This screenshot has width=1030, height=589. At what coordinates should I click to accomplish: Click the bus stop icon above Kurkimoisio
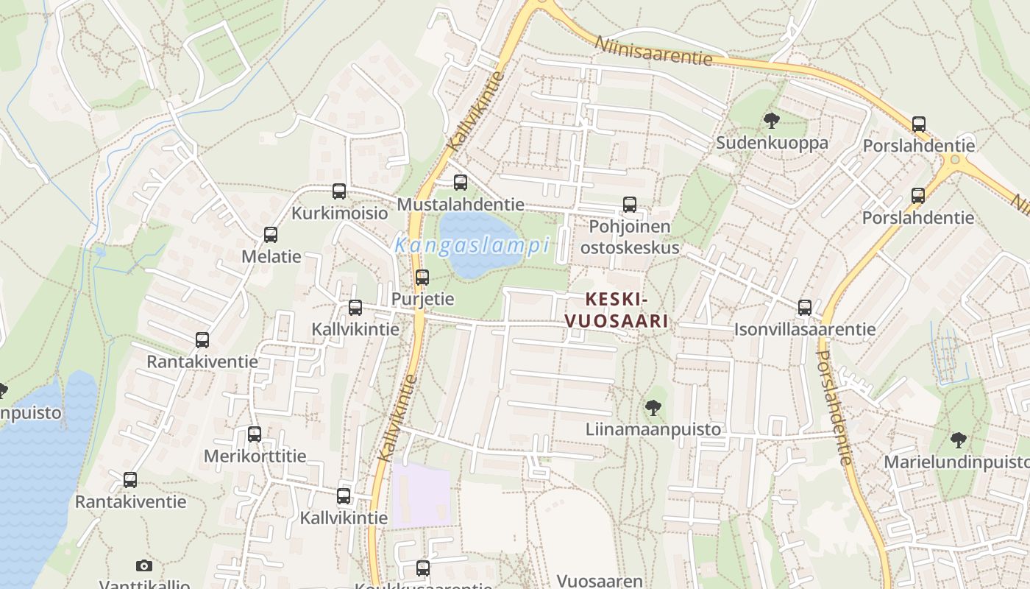click(339, 191)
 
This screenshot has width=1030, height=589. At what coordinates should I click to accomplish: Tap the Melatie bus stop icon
click(271, 235)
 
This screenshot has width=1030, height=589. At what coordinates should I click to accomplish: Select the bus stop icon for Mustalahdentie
click(461, 183)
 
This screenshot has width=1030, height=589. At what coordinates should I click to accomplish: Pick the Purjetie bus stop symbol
click(422, 278)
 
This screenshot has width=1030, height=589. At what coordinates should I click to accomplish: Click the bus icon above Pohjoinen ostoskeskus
click(630, 205)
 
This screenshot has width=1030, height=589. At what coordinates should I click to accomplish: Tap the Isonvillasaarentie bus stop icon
click(805, 308)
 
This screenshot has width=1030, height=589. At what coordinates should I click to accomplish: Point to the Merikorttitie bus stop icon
click(255, 434)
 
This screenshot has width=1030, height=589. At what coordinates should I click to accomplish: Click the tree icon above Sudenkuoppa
click(772, 121)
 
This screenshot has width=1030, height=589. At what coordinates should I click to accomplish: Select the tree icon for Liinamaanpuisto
click(653, 407)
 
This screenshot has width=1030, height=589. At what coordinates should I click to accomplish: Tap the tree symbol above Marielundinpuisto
click(958, 440)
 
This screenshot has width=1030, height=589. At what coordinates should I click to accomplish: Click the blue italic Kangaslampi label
click(472, 245)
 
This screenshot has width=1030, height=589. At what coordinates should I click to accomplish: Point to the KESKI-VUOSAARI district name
click(617, 310)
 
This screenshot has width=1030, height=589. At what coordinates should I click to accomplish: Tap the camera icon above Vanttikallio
click(144, 565)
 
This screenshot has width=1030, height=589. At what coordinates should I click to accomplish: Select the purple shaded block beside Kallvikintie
click(421, 495)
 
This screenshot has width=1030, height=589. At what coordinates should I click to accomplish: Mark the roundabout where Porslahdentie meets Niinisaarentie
click(955, 160)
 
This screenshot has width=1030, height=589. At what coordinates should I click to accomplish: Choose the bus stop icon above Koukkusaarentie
click(423, 568)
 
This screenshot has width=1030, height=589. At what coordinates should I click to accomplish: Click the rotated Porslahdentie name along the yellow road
click(834, 407)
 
